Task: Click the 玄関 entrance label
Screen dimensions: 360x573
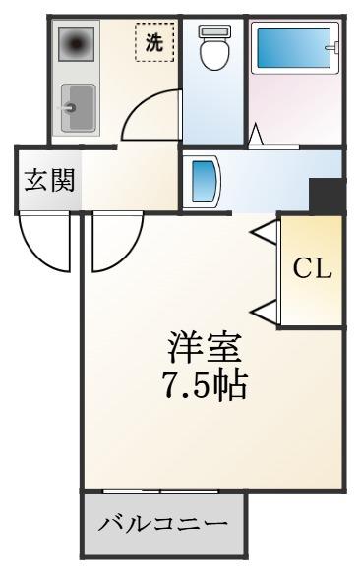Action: (49, 180)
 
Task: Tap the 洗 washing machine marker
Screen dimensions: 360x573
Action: (154, 42)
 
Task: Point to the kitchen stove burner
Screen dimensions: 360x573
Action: (76, 44)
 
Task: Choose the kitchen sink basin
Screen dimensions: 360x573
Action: (79, 107)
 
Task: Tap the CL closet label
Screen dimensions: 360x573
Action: (312, 270)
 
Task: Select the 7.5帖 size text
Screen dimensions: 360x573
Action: (205, 385)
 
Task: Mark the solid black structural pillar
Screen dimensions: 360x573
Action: (327, 196)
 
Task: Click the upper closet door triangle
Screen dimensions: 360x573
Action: (264, 232)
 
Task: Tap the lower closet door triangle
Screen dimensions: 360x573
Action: (264, 312)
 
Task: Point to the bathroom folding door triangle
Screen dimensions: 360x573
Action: (256, 135)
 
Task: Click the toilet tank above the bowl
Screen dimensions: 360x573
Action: (214, 30)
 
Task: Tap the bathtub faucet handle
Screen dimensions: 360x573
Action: (332, 47)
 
